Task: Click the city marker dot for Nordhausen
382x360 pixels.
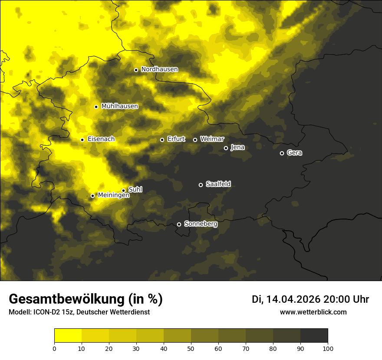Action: point(136,70)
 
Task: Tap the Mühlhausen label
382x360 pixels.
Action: point(119,106)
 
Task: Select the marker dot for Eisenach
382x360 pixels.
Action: point(82,140)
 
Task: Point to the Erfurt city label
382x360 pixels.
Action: point(176,139)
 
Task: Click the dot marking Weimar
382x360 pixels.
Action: point(195,140)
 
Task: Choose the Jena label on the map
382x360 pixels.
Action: point(237,147)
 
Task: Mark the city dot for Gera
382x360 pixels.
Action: point(282,153)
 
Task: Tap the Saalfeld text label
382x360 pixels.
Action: point(218,184)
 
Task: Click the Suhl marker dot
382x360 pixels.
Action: point(123,190)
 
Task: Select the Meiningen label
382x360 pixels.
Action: point(113,196)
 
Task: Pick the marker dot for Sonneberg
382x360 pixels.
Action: point(179,224)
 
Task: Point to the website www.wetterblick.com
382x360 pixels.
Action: point(313,312)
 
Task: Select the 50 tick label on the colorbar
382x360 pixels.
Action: point(191,348)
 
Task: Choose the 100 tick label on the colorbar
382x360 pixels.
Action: point(328,348)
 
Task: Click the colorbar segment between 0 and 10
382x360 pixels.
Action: point(68,336)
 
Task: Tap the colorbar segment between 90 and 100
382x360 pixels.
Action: point(314,336)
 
